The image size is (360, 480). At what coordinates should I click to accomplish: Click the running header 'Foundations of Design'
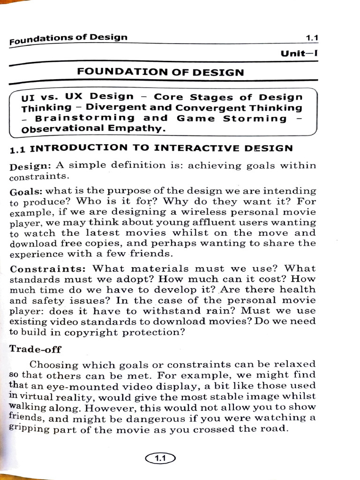pos(68,39)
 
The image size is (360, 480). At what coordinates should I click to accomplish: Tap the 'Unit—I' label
pos(299,53)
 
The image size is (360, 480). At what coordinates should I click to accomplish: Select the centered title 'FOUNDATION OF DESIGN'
pos(160,72)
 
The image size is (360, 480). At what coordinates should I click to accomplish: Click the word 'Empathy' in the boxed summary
pos(143,128)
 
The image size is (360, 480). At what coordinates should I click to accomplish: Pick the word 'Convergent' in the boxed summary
pos(203,107)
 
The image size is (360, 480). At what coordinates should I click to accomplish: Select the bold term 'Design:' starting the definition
pos(30,166)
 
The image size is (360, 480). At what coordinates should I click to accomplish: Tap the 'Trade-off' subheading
pos(36,350)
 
